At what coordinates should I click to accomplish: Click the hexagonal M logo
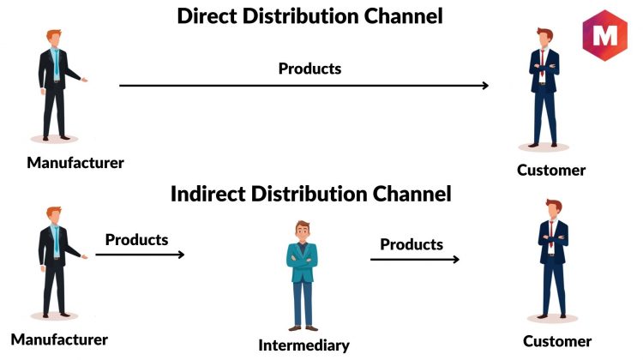(605, 36)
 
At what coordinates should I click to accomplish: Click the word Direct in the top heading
(207, 16)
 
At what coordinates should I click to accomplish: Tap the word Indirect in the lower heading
(207, 194)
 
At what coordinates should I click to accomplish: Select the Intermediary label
(303, 345)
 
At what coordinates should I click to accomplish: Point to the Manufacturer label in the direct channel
(75, 163)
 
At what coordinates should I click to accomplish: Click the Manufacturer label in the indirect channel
(59, 339)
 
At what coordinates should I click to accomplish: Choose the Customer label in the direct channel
(551, 170)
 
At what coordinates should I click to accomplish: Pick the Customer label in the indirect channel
(557, 341)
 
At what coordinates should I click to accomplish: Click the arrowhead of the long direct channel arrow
(485, 85)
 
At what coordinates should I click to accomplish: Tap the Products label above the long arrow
(309, 69)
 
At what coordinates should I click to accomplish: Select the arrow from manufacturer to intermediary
(140, 255)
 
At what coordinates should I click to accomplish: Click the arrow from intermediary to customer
(415, 259)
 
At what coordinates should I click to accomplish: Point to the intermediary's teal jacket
(303, 262)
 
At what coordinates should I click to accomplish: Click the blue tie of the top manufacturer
(56, 63)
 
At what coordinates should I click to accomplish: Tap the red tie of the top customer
(542, 63)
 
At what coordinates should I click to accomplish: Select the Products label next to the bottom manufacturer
(136, 240)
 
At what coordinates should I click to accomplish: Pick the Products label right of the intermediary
(412, 244)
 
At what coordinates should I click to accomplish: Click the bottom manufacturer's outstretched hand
(84, 256)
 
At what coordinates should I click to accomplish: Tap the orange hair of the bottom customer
(554, 205)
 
